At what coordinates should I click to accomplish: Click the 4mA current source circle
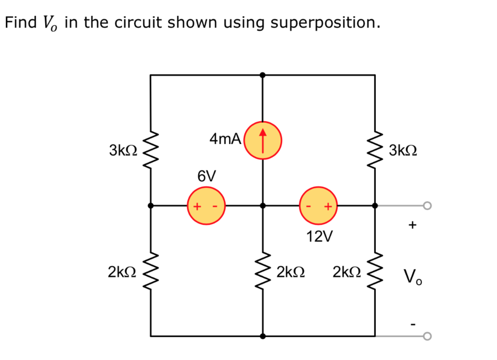[263, 139]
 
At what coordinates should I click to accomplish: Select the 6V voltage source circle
[206, 206]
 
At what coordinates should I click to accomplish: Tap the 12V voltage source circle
[318, 206]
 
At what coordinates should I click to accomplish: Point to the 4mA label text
[225, 139]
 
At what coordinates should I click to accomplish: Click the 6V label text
[206, 176]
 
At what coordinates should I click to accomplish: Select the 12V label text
[319, 236]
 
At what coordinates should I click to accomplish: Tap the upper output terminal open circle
[427, 206]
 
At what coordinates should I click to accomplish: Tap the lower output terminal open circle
[427, 336]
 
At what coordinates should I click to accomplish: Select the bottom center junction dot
[263, 336]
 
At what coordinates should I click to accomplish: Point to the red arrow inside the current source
[263, 139]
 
